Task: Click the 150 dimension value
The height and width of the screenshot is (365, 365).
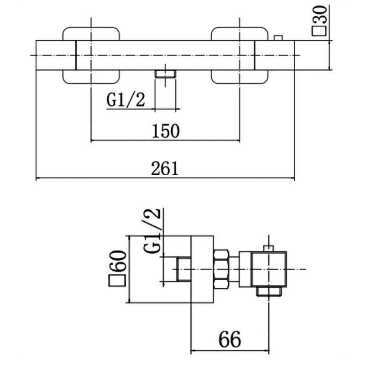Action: [166, 131]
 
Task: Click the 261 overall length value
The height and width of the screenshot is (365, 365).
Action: [165, 168]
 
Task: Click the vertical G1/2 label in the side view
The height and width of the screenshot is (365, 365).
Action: [152, 231]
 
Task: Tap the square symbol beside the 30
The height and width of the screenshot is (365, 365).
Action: [319, 31]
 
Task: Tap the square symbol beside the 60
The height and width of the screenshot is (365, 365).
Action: [117, 281]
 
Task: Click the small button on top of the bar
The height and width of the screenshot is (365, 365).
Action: [278, 38]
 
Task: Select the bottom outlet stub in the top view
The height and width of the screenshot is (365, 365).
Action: [166, 74]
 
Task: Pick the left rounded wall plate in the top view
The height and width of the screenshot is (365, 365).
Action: [91, 55]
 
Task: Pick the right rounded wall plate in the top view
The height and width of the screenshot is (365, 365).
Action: [240, 55]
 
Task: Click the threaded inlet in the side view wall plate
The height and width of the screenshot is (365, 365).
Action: [184, 269]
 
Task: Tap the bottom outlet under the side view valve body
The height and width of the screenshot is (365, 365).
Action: [269, 291]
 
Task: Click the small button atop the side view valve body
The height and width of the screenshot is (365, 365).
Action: [269, 248]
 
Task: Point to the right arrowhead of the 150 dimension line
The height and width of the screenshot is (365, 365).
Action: [237, 141]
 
